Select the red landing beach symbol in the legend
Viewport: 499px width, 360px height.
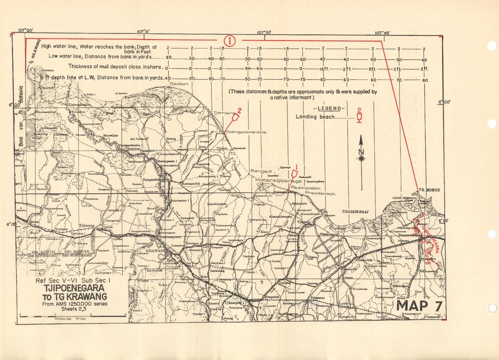[x=359, y=117]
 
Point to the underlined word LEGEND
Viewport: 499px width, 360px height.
[x=327, y=108]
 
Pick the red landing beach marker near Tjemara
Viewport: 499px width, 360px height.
[x=235, y=119]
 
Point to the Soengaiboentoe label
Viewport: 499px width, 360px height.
[x=246, y=132]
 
